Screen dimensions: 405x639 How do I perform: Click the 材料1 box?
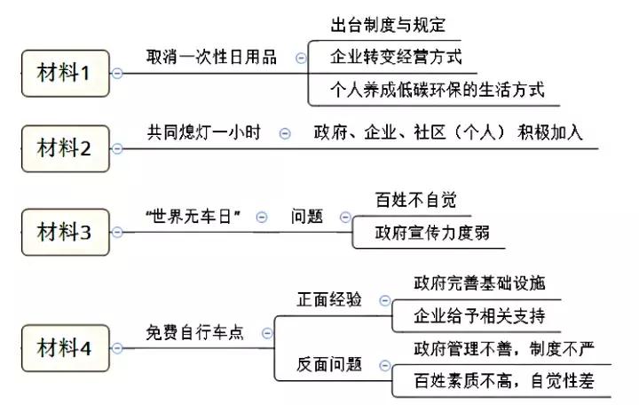(x=64, y=73)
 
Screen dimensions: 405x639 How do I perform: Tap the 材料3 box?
(x=64, y=232)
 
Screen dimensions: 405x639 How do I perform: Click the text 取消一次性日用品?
(x=211, y=56)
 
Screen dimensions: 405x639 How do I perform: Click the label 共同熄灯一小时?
(x=203, y=131)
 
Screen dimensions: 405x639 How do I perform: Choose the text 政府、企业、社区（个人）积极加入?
(x=448, y=132)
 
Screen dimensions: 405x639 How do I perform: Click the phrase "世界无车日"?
(x=193, y=216)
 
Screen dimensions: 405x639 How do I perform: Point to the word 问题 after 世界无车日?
(x=307, y=216)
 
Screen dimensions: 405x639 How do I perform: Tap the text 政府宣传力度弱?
(x=427, y=233)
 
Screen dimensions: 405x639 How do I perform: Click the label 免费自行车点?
(x=194, y=332)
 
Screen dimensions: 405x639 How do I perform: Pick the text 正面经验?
(x=329, y=299)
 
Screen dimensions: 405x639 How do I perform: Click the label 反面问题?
(x=329, y=364)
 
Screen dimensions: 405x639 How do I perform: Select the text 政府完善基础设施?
(x=479, y=283)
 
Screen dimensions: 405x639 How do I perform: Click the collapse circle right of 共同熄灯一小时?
(x=285, y=133)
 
